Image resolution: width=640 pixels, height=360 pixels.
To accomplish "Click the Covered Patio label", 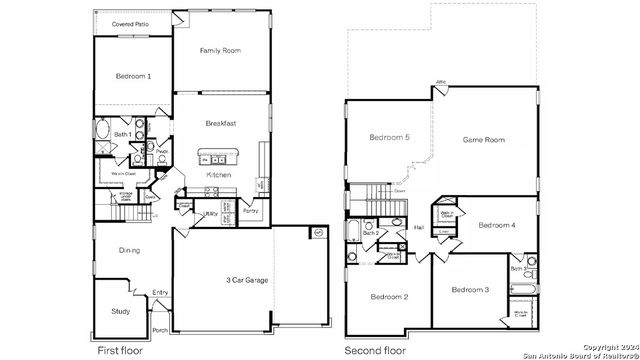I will (131, 22).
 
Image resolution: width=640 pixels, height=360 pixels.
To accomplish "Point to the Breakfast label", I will (221, 123).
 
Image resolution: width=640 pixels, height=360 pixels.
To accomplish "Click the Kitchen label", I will (219, 175).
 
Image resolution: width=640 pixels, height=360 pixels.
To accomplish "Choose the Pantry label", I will (250, 211).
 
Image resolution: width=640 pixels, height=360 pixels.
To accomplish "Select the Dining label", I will (129, 250).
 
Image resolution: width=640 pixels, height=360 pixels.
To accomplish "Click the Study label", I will (120, 311).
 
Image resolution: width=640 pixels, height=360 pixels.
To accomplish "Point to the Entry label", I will (160, 292).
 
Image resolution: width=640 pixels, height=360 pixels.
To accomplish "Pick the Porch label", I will (160, 329).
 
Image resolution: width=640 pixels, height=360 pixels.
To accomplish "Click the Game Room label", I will (482, 140).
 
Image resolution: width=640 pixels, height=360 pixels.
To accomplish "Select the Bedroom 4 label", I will (497, 226).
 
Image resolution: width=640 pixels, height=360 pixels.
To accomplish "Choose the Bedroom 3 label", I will (469, 290).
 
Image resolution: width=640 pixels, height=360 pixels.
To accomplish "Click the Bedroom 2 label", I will (389, 297).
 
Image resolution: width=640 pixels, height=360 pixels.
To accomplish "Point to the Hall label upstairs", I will (420, 228).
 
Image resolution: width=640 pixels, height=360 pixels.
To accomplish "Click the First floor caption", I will (120, 351).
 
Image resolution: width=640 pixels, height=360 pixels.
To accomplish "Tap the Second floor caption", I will (376, 351).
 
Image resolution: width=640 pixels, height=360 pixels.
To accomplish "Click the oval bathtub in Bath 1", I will (105, 130).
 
